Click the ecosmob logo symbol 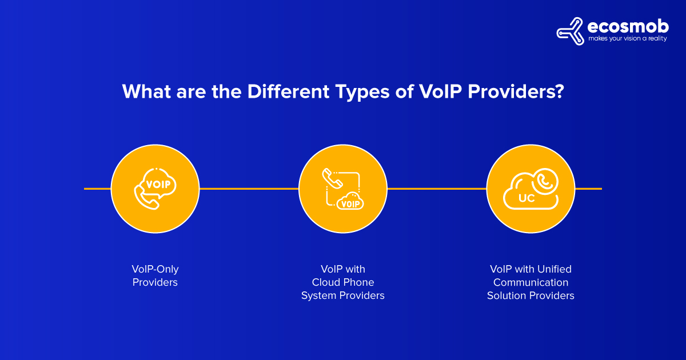[570, 31]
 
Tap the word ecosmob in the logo [628, 27]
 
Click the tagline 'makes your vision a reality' [628, 39]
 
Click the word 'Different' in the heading [288, 91]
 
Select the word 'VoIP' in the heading [440, 91]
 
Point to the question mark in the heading [559, 91]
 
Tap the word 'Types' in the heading [362, 93]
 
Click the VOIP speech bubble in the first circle [159, 183]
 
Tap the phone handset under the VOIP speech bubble [146, 199]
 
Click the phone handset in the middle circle [332, 178]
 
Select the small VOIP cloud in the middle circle [350, 201]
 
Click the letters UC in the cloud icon [527, 198]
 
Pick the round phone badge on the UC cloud [545, 181]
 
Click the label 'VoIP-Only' [155, 269]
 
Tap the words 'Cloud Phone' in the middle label [343, 282]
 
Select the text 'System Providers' [343, 296]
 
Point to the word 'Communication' [531, 282]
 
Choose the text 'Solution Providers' [531, 295]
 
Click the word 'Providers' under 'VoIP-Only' [155, 282]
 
